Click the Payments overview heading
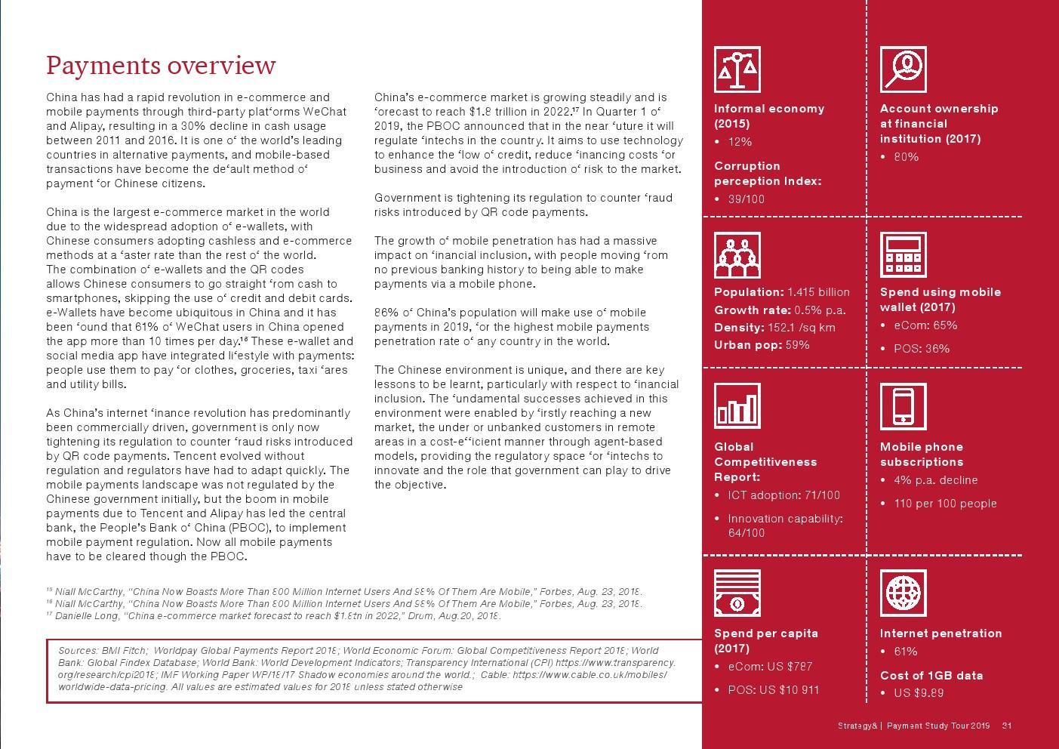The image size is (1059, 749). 161,66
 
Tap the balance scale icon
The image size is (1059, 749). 737,69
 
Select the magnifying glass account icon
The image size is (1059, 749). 903,69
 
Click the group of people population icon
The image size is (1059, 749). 737,255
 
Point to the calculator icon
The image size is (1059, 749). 903,255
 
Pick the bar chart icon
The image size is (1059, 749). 737,406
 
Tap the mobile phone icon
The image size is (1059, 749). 903,406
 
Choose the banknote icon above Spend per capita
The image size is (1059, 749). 737,593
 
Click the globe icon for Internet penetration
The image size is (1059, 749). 903,593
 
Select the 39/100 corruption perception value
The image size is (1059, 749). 746,199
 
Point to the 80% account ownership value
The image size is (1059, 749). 906,157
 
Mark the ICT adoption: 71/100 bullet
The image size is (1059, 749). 783,495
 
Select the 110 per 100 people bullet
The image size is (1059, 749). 945,504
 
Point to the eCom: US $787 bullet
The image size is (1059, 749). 770,667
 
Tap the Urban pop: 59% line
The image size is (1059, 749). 762,345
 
